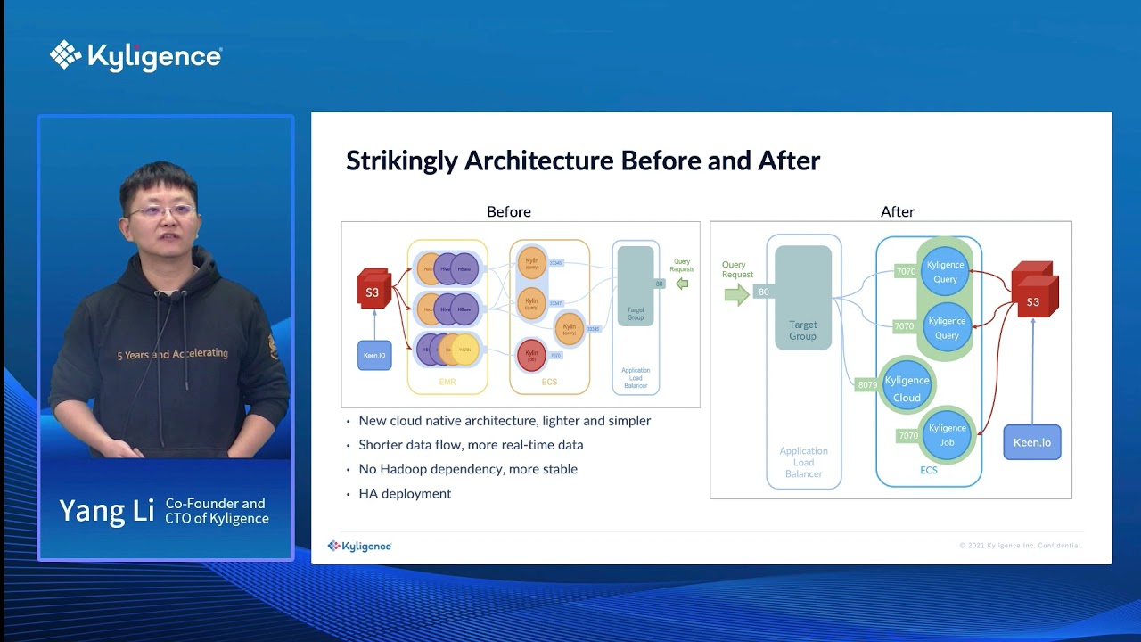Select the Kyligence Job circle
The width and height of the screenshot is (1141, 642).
tap(947, 435)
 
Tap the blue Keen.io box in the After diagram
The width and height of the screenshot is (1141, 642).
tap(1032, 442)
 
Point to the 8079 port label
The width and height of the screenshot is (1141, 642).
tap(866, 385)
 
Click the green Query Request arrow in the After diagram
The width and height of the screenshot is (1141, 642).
tap(737, 293)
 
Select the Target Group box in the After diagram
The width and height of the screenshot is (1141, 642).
tap(802, 299)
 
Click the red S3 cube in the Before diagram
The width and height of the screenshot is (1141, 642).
tap(373, 290)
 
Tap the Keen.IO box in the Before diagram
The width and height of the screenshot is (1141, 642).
tap(374, 355)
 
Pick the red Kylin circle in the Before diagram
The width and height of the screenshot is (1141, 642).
tap(532, 355)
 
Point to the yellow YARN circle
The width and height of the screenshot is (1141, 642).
tap(465, 350)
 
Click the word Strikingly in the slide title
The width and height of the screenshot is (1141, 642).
tap(402, 161)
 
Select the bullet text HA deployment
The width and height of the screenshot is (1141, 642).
tap(405, 494)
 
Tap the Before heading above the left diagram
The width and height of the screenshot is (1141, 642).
tap(508, 212)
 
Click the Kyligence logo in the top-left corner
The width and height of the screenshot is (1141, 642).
tap(135, 56)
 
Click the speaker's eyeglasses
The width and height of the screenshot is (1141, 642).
tap(162, 211)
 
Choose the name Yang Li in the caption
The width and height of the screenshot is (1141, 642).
tap(106, 511)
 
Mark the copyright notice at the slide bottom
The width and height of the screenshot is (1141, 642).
tap(1020, 546)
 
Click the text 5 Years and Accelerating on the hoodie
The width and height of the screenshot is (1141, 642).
tap(173, 354)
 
